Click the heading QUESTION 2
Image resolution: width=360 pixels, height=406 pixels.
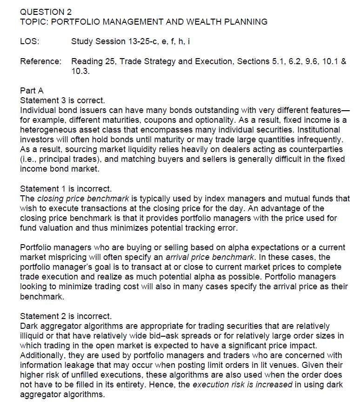pos(46,12)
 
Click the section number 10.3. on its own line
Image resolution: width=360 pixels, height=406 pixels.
pos(80,72)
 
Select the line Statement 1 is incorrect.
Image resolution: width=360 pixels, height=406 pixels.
pos(66,189)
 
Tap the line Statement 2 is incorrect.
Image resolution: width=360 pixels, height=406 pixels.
pos(66,317)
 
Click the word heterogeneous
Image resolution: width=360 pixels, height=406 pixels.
pos(49,130)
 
